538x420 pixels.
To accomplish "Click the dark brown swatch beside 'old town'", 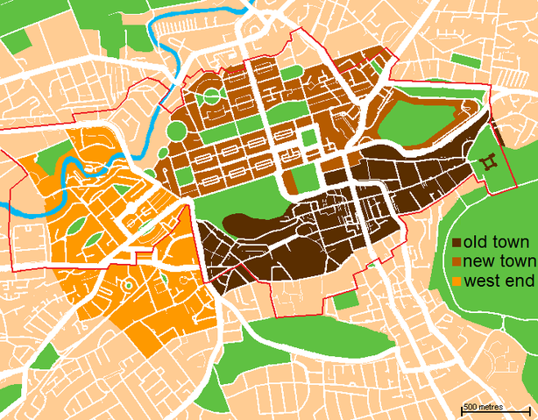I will (457, 242).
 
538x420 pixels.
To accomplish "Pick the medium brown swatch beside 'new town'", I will (457, 262).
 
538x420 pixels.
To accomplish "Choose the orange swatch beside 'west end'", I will (457, 282).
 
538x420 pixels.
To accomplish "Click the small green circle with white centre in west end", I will (128, 284).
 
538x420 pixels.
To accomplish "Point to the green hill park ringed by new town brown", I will (421, 118).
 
